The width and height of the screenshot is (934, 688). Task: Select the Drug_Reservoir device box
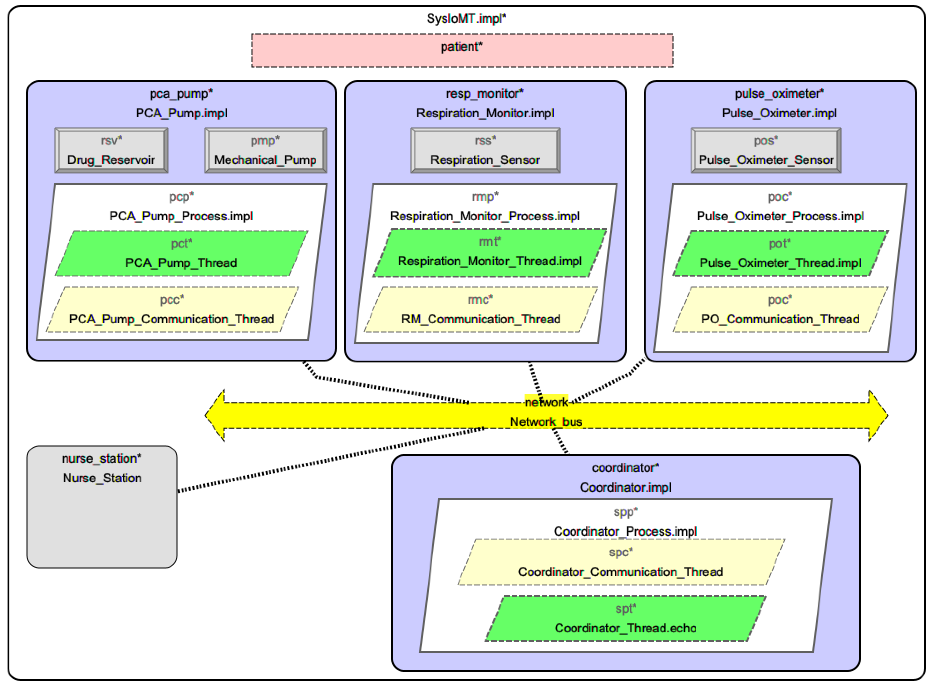click(x=111, y=150)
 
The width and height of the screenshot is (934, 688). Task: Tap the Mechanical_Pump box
click(x=265, y=150)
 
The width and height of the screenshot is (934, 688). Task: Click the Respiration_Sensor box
click(x=485, y=150)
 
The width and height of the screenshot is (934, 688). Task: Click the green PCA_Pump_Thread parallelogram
click(x=182, y=253)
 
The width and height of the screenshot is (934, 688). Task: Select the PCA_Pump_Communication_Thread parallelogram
click(x=172, y=310)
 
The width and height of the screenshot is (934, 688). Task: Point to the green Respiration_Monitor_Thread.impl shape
click(x=489, y=252)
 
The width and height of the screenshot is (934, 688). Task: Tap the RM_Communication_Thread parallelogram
click(x=481, y=310)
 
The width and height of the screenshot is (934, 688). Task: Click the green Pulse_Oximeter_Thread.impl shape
click(x=780, y=253)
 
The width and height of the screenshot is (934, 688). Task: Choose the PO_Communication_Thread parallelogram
click(x=780, y=310)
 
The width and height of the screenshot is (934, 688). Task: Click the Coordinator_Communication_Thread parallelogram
click(x=621, y=562)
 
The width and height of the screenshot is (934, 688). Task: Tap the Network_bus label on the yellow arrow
click(x=546, y=422)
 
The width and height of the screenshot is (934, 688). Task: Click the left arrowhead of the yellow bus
click(x=214, y=415)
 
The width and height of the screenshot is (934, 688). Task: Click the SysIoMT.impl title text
click(x=466, y=19)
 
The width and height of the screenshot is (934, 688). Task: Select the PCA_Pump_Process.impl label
click(x=181, y=216)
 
